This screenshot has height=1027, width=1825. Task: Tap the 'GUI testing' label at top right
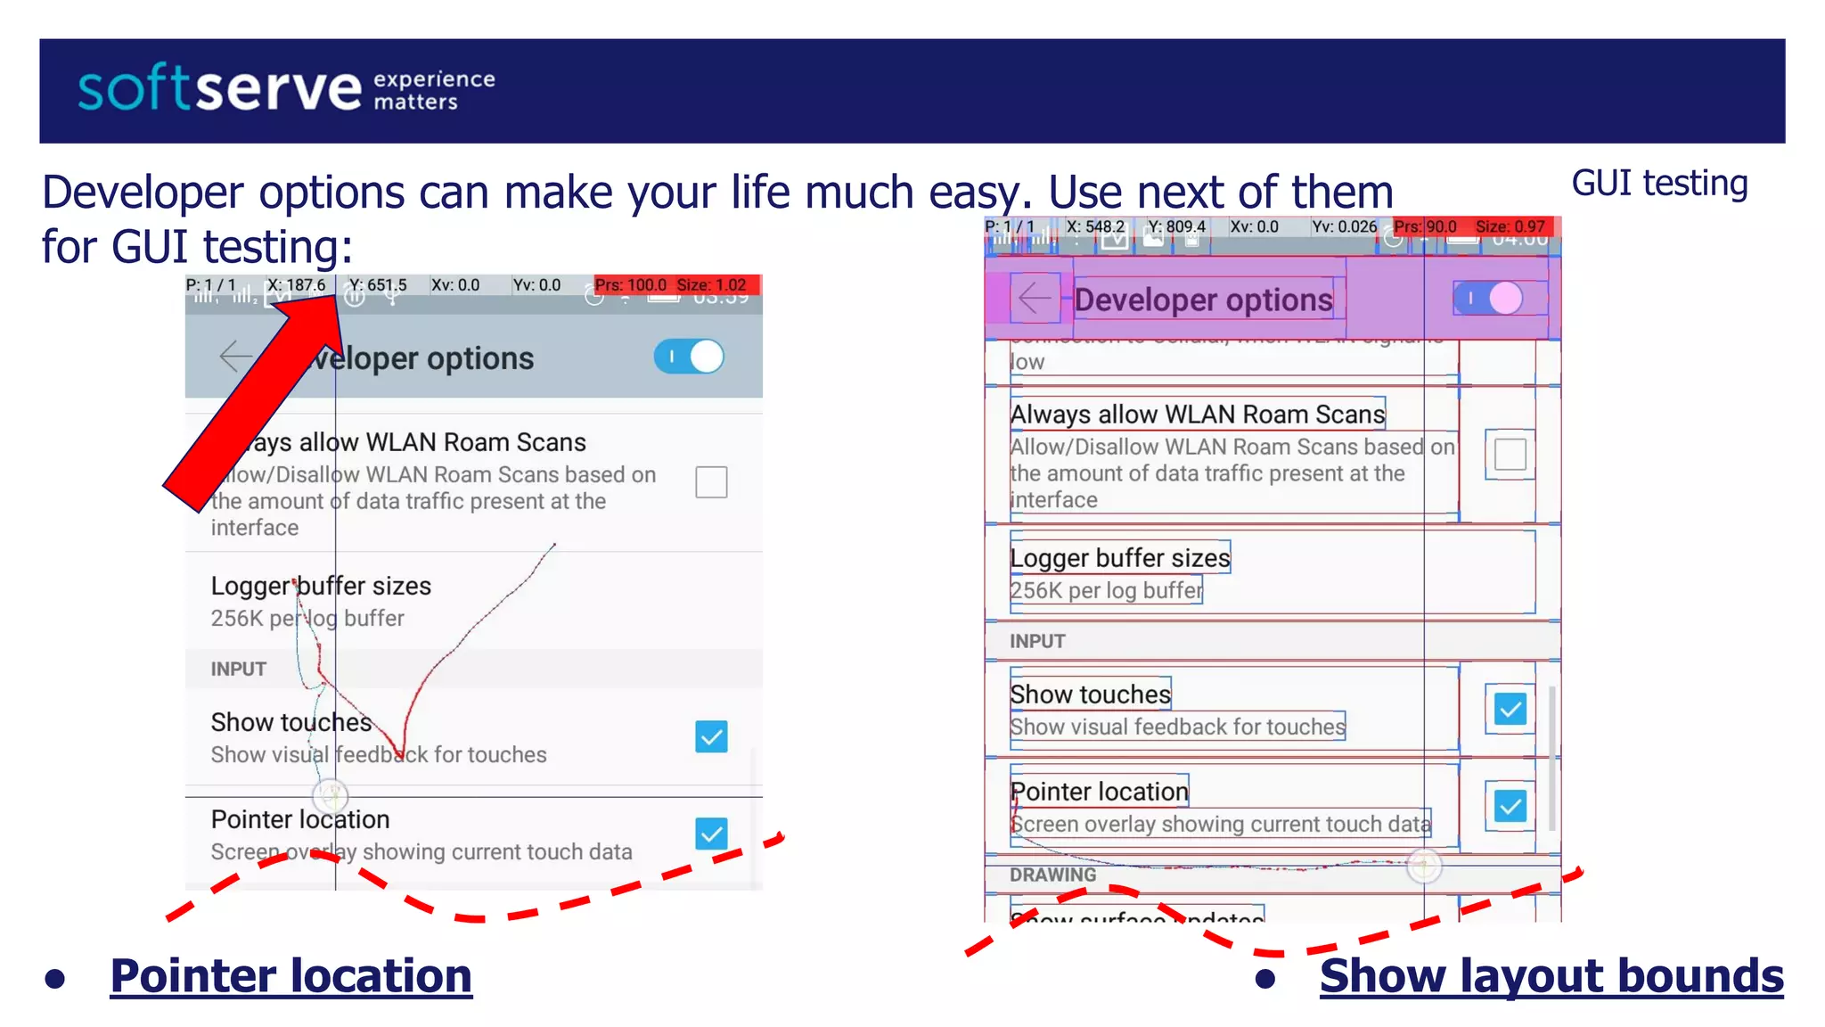pyautogui.click(x=1659, y=183)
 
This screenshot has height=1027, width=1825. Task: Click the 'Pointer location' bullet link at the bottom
pyautogui.click(x=291, y=975)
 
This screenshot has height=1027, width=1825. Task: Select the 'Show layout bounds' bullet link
pyautogui.click(x=1551, y=975)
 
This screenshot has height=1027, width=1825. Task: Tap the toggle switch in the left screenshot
pyautogui.click(x=690, y=357)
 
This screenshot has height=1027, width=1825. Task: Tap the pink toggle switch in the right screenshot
pyautogui.click(x=1489, y=299)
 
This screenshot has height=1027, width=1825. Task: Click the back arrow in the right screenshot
pyautogui.click(x=1035, y=298)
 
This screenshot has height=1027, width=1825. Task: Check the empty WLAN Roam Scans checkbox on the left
pyautogui.click(x=711, y=482)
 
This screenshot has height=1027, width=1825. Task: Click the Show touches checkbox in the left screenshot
pyautogui.click(x=711, y=737)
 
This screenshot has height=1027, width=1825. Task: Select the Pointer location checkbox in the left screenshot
pyautogui.click(x=711, y=834)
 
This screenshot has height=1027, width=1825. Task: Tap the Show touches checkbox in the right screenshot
pyautogui.click(x=1510, y=710)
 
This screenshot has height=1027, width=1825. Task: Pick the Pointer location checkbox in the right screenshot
pyautogui.click(x=1510, y=807)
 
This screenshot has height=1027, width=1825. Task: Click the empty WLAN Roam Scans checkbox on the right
pyautogui.click(x=1510, y=454)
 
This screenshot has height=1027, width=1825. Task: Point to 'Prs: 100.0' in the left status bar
pyautogui.click(x=630, y=285)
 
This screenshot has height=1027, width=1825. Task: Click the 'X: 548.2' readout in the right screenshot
pyautogui.click(x=1095, y=226)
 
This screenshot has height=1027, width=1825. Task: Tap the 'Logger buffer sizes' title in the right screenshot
pyautogui.click(x=1119, y=558)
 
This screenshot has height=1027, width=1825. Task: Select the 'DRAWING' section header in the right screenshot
pyautogui.click(x=1052, y=875)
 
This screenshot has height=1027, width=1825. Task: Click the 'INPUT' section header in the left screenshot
pyautogui.click(x=239, y=669)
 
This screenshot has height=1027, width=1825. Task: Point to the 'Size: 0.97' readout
pyautogui.click(x=1510, y=226)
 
